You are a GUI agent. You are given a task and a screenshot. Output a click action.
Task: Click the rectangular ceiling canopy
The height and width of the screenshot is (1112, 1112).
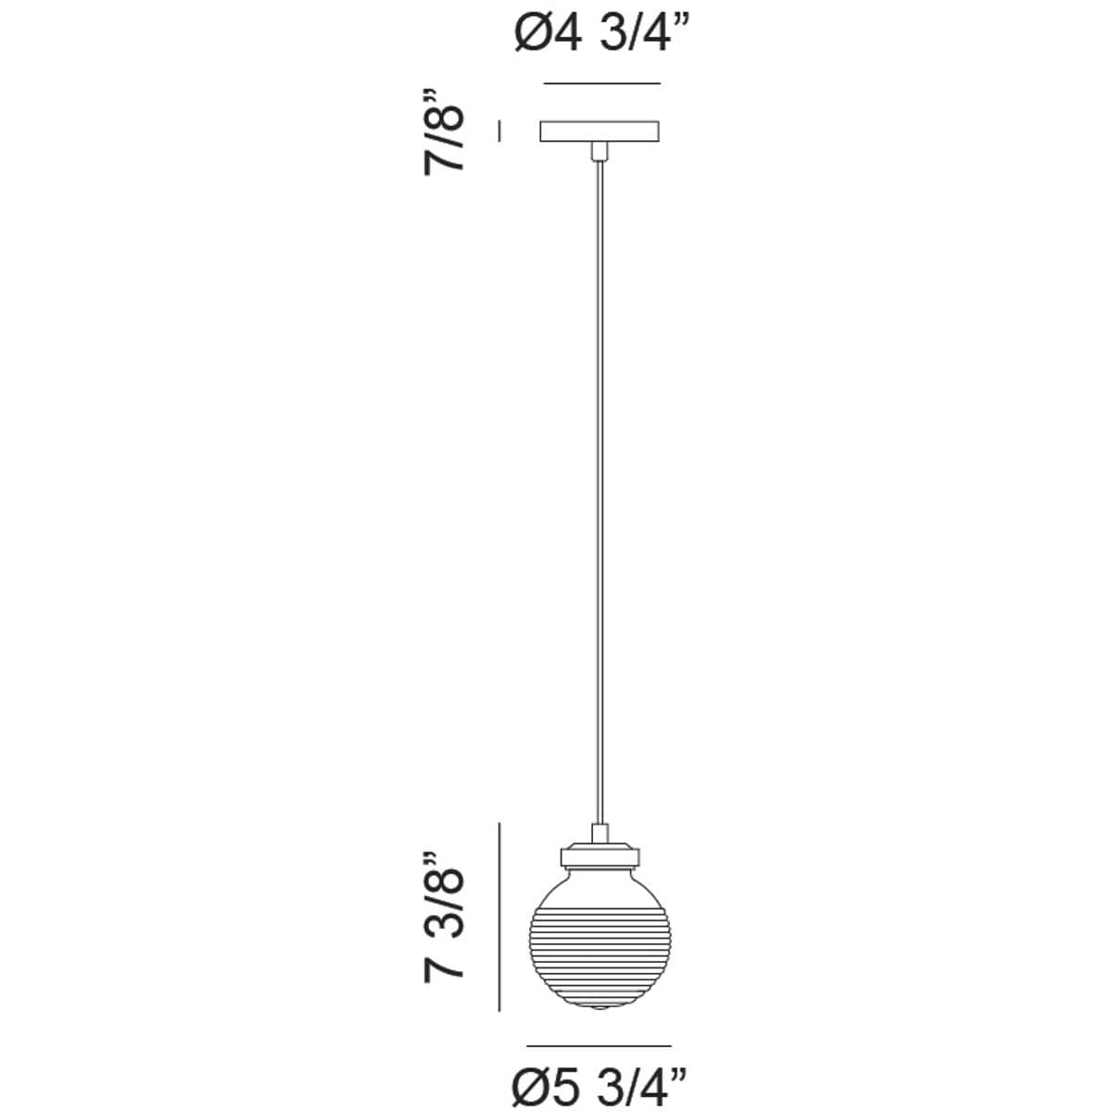(600, 131)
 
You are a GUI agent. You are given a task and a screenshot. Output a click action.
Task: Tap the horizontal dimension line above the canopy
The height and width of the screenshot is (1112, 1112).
(600, 84)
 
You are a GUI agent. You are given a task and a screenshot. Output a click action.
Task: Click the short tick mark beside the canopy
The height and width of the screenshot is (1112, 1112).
(500, 131)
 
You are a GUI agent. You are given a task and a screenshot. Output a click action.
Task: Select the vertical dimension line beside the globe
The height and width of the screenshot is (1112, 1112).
(500, 916)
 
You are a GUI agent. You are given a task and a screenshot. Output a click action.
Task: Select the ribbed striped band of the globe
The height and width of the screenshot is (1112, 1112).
(600, 954)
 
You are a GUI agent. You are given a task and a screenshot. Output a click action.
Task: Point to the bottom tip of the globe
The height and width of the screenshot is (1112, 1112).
(600, 1008)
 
